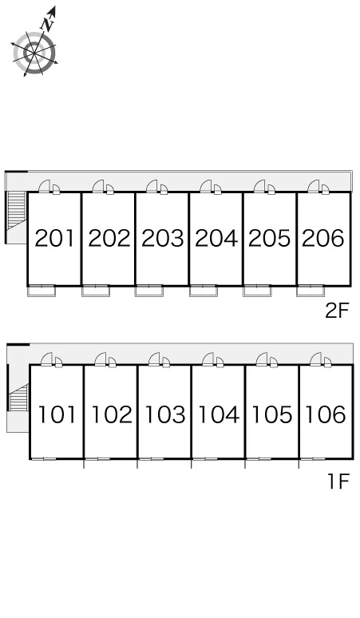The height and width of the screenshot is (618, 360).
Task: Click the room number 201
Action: coord(54,238)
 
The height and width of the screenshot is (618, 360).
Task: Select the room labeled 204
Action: coord(216,238)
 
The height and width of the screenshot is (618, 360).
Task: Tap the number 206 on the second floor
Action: coord(323,238)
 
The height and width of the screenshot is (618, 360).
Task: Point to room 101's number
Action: coord(57,414)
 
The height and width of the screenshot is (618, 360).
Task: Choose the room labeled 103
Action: coord(164,414)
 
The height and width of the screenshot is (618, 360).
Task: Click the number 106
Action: coord(326,414)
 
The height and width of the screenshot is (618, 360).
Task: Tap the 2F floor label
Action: coord(337,311)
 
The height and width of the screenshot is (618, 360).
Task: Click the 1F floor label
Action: coord(338,481)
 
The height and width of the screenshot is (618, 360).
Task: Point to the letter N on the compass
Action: coord(48,25)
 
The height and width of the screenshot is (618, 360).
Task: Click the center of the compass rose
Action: coord(34,53)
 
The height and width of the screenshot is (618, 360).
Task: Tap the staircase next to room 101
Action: coord(18,398)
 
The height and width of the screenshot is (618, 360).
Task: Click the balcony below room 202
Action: coord(96,291)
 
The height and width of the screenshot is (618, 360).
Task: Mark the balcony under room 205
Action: coord(257,291)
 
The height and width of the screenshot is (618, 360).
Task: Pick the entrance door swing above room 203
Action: coord(152,186)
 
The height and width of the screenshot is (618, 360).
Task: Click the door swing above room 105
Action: coord(262,359)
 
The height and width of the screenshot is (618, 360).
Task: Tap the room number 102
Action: coord(112,414)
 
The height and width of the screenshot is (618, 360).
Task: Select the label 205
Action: coord(270,238)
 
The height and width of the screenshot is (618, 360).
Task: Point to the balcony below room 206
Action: coord(311,291)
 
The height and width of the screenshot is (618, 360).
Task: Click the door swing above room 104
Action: coord(208,359)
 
